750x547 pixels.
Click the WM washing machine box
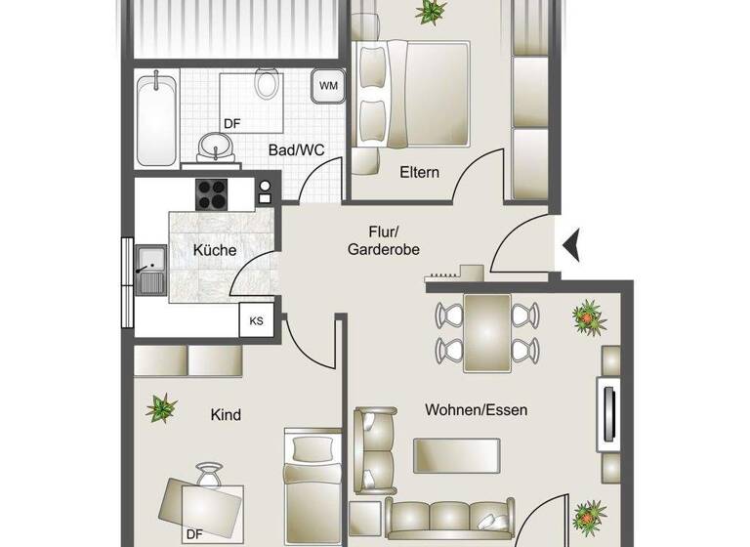pyautogui.click(x=329, y=86)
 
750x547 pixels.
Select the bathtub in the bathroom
pyautogui.click(x=155, y=119)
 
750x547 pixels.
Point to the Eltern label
pyautogui.click(x=419, y=172)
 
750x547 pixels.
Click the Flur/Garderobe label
pyautogui.click(x=383, y=240)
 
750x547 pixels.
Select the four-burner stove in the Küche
pyautogui.click(x=213, y=191)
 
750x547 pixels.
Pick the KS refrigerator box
pyautogui.click(x=257, y=320)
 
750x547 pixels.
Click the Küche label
pyautogui.click(x=214, y=250)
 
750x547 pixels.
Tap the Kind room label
pyautogui.click(x=226, y=414)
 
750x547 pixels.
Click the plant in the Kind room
pyautogui.click(x=161, y=404)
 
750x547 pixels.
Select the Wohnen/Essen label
pyautogui.click(x=476, y=410)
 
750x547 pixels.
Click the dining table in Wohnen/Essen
pyautogui.click(x=487, y=332)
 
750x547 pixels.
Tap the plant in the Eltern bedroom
pyautogui.click(x=428, y=12)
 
